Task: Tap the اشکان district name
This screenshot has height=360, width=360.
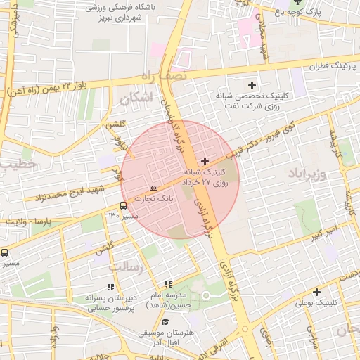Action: [x=136, y=99]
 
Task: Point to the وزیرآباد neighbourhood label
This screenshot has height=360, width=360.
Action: [x=307, y=173]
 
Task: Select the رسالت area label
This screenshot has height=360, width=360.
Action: [x=125, y=266]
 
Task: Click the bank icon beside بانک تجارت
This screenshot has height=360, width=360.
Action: [x=153, y=188]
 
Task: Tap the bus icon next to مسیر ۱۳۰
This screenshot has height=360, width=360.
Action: [x=124, y=206]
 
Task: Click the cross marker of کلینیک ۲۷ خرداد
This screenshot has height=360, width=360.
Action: [x=205, y=162]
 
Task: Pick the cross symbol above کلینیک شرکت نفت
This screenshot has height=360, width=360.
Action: [x=252, y=85]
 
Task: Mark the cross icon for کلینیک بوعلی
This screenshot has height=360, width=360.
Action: [x=316, y=292]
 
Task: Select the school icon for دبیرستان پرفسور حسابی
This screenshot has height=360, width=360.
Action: [x=110, y=287]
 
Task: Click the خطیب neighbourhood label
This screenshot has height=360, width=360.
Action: [x=14, y=163]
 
